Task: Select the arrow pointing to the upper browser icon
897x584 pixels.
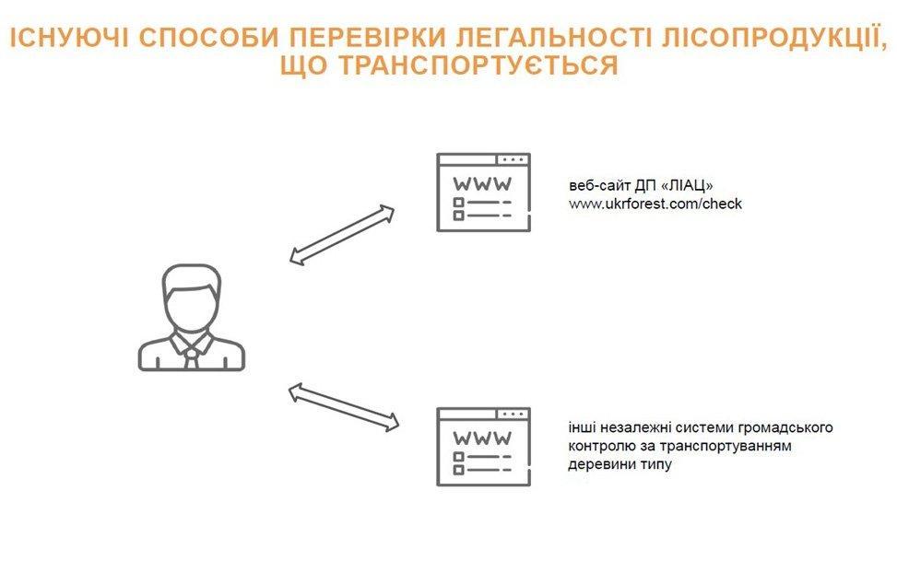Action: coord(341,235)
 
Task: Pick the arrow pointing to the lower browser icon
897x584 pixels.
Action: coord(343,407)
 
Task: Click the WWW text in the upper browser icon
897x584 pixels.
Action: coord(482,184)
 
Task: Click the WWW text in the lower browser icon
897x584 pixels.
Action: coord(482,438)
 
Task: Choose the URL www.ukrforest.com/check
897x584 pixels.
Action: coord(655,204)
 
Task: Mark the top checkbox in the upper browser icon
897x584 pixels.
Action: coord(458,203)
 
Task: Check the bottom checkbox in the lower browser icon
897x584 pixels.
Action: coord(458,470)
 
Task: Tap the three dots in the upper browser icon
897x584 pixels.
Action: coord(513,160)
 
